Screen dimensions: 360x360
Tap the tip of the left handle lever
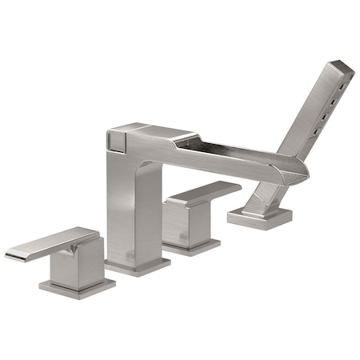tap(11, 255)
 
